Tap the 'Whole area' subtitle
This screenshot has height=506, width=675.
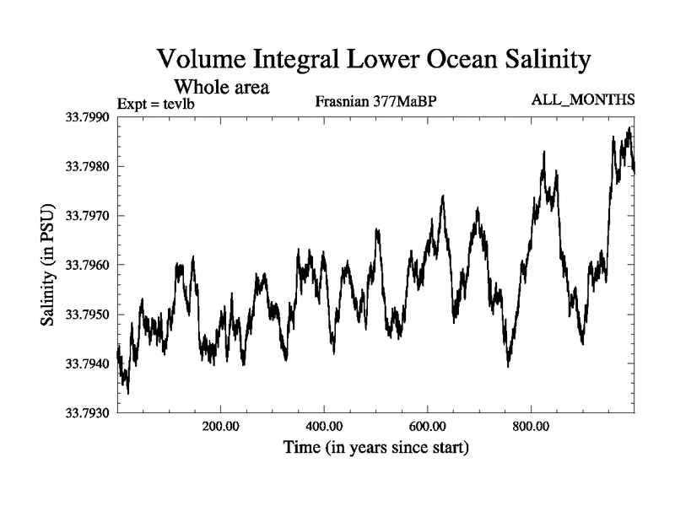(221, 86)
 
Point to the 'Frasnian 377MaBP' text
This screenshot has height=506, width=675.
(375, 103)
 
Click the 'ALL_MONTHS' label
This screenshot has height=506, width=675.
(582, 100)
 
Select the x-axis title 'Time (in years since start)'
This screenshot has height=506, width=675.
(376, 447)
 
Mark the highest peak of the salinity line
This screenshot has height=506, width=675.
(629, 128)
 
